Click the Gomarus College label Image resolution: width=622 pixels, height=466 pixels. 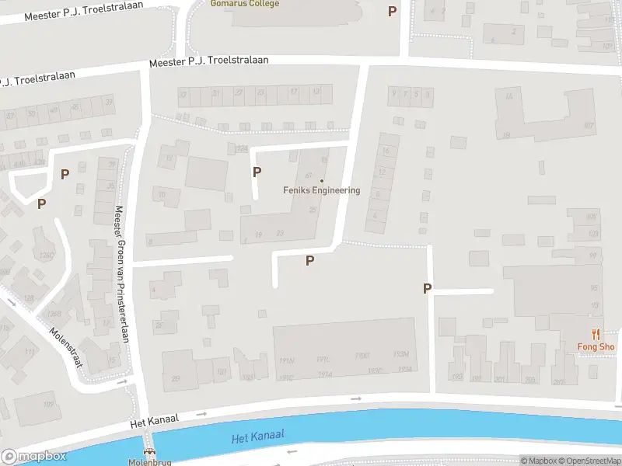244,3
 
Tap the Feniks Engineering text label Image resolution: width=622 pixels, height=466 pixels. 321,190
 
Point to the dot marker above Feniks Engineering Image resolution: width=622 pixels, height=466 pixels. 322,181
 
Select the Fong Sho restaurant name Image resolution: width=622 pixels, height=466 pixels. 596,346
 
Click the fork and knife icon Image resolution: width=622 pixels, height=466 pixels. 596,334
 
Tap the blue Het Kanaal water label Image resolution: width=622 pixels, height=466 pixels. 258,436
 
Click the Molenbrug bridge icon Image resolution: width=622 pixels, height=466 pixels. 148,452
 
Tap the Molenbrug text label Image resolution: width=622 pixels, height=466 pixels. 148,462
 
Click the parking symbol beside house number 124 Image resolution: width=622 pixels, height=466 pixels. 257,172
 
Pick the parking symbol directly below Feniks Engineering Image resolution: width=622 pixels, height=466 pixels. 309,261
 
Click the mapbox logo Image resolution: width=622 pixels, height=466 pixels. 34,457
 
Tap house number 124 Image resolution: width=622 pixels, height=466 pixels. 242,149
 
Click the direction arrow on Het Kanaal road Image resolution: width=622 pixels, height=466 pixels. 356,399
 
